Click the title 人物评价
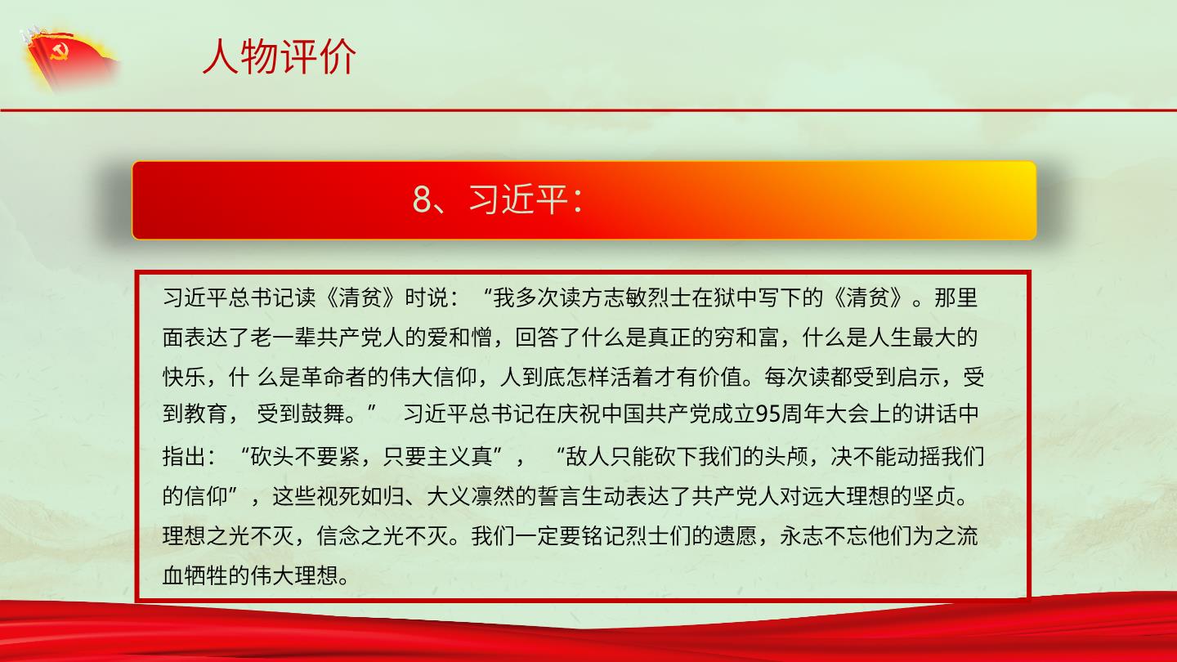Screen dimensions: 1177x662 (280, 56)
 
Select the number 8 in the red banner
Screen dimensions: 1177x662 (422, 199)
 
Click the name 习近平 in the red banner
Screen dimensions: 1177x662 (518, 199)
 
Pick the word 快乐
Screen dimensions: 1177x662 (184, 377)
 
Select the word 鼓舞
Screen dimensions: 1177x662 (323, 414)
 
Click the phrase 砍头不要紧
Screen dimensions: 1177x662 (306, 456)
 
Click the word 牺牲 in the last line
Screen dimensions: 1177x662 (206, 575)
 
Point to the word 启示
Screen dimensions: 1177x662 (919, 377)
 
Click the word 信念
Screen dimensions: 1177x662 (338, 536)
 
